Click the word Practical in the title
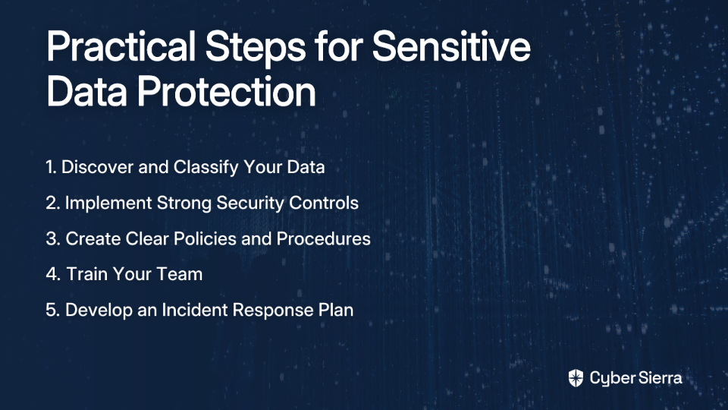[121, 47]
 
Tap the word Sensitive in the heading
[451, 46]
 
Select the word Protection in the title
[226, 91]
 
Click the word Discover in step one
[98, 167]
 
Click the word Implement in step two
[108, 203]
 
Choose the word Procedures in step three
[323, 238]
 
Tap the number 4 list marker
[53, 274]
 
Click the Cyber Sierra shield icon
[576, 378]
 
